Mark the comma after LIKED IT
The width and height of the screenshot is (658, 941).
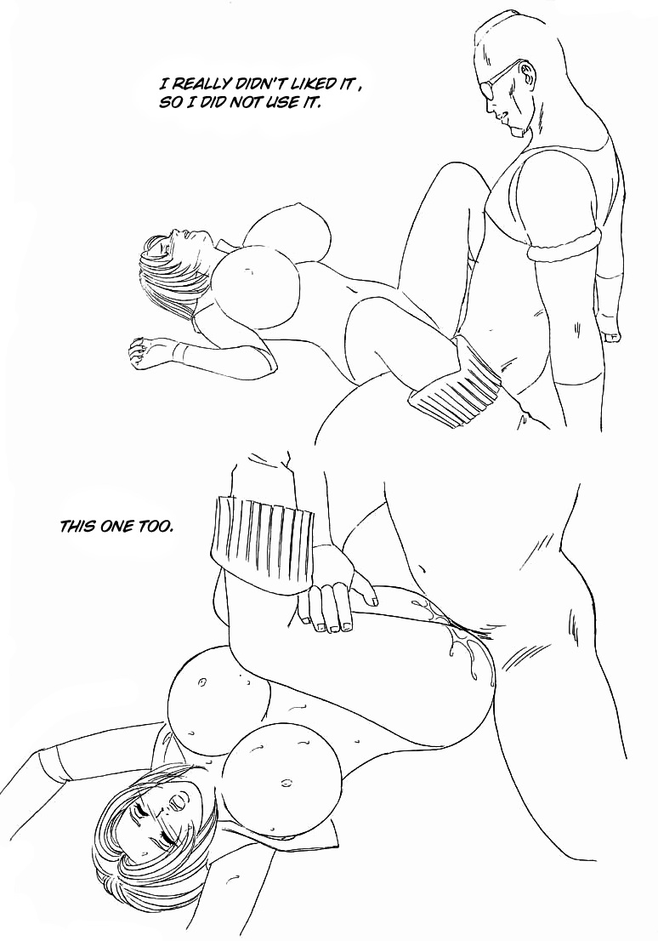click(360, 88)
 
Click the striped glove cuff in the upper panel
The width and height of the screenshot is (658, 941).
click(455, 388)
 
